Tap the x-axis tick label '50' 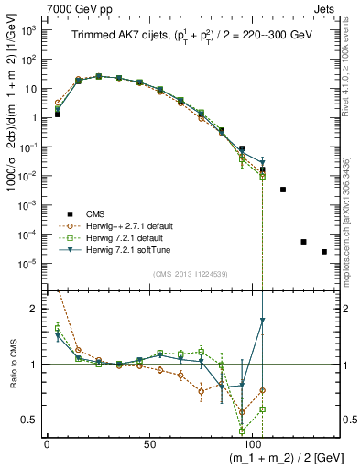click(x=149, y=442)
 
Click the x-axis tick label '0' click(x=47, y=442)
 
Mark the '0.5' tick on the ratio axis click(x=27, y=420)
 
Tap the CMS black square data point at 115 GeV click(x=283, y=190)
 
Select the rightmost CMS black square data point click(x=324, y=252)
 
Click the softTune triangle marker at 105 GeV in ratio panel click(x=263, y=321)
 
